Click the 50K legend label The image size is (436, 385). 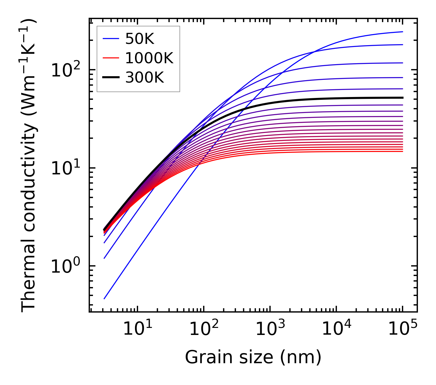(140, 39)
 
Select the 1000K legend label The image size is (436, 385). (149, 58)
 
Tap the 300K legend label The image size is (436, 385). (145, 78)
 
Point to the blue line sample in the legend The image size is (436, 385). (111, 39)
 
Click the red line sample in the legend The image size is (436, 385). (111, 58)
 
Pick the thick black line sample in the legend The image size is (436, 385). (111, 78)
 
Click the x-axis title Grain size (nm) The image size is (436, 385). (253, 358)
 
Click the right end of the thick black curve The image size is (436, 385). (403, 98)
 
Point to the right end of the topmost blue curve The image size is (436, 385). (403, 32)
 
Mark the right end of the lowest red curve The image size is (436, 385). (403, 151)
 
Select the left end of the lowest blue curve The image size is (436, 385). (104, 299)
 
